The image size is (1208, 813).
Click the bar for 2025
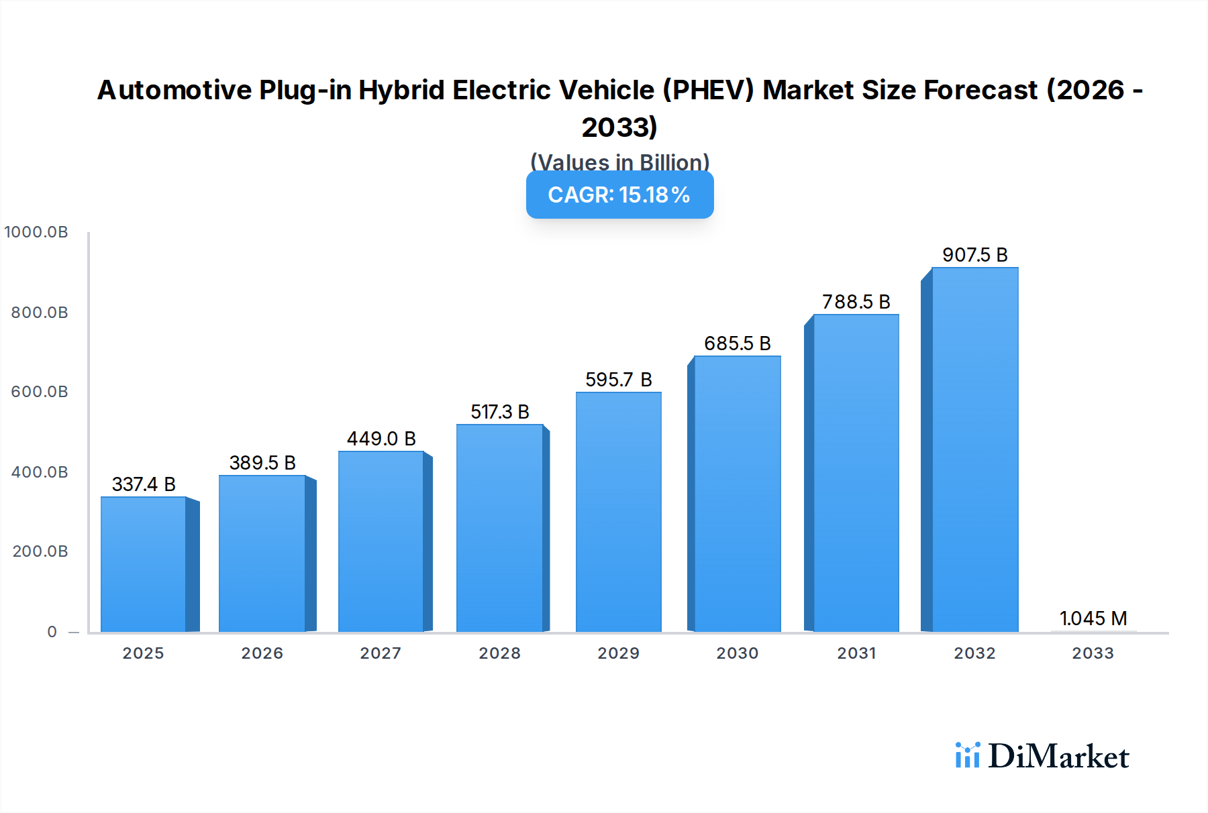[x=144, y=564]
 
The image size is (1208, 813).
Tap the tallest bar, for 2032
[x=974, y=449]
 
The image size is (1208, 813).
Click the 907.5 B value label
[x=974, y=255]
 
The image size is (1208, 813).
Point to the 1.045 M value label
[x=1093, y=618]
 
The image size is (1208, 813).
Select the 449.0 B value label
[x=381, y=439]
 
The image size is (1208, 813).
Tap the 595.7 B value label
[x=618, y=380]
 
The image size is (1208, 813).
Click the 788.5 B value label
[x=856, y=302]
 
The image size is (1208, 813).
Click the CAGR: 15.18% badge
[x=619, y=195]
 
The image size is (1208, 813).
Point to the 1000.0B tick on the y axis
[x=36, y=232]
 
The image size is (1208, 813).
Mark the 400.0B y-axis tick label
[x=40, y=472]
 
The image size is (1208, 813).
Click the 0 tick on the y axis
[x=52, y=632]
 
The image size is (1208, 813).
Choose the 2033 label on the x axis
[x=1093, y=653]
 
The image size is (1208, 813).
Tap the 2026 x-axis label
[x=262, y=653]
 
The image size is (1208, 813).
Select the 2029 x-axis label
[x=618, y=653]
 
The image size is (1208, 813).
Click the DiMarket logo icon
[x=967, y=755]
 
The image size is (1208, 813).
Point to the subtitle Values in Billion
[x=619, y=162]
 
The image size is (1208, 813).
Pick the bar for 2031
[x=856, y=473]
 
